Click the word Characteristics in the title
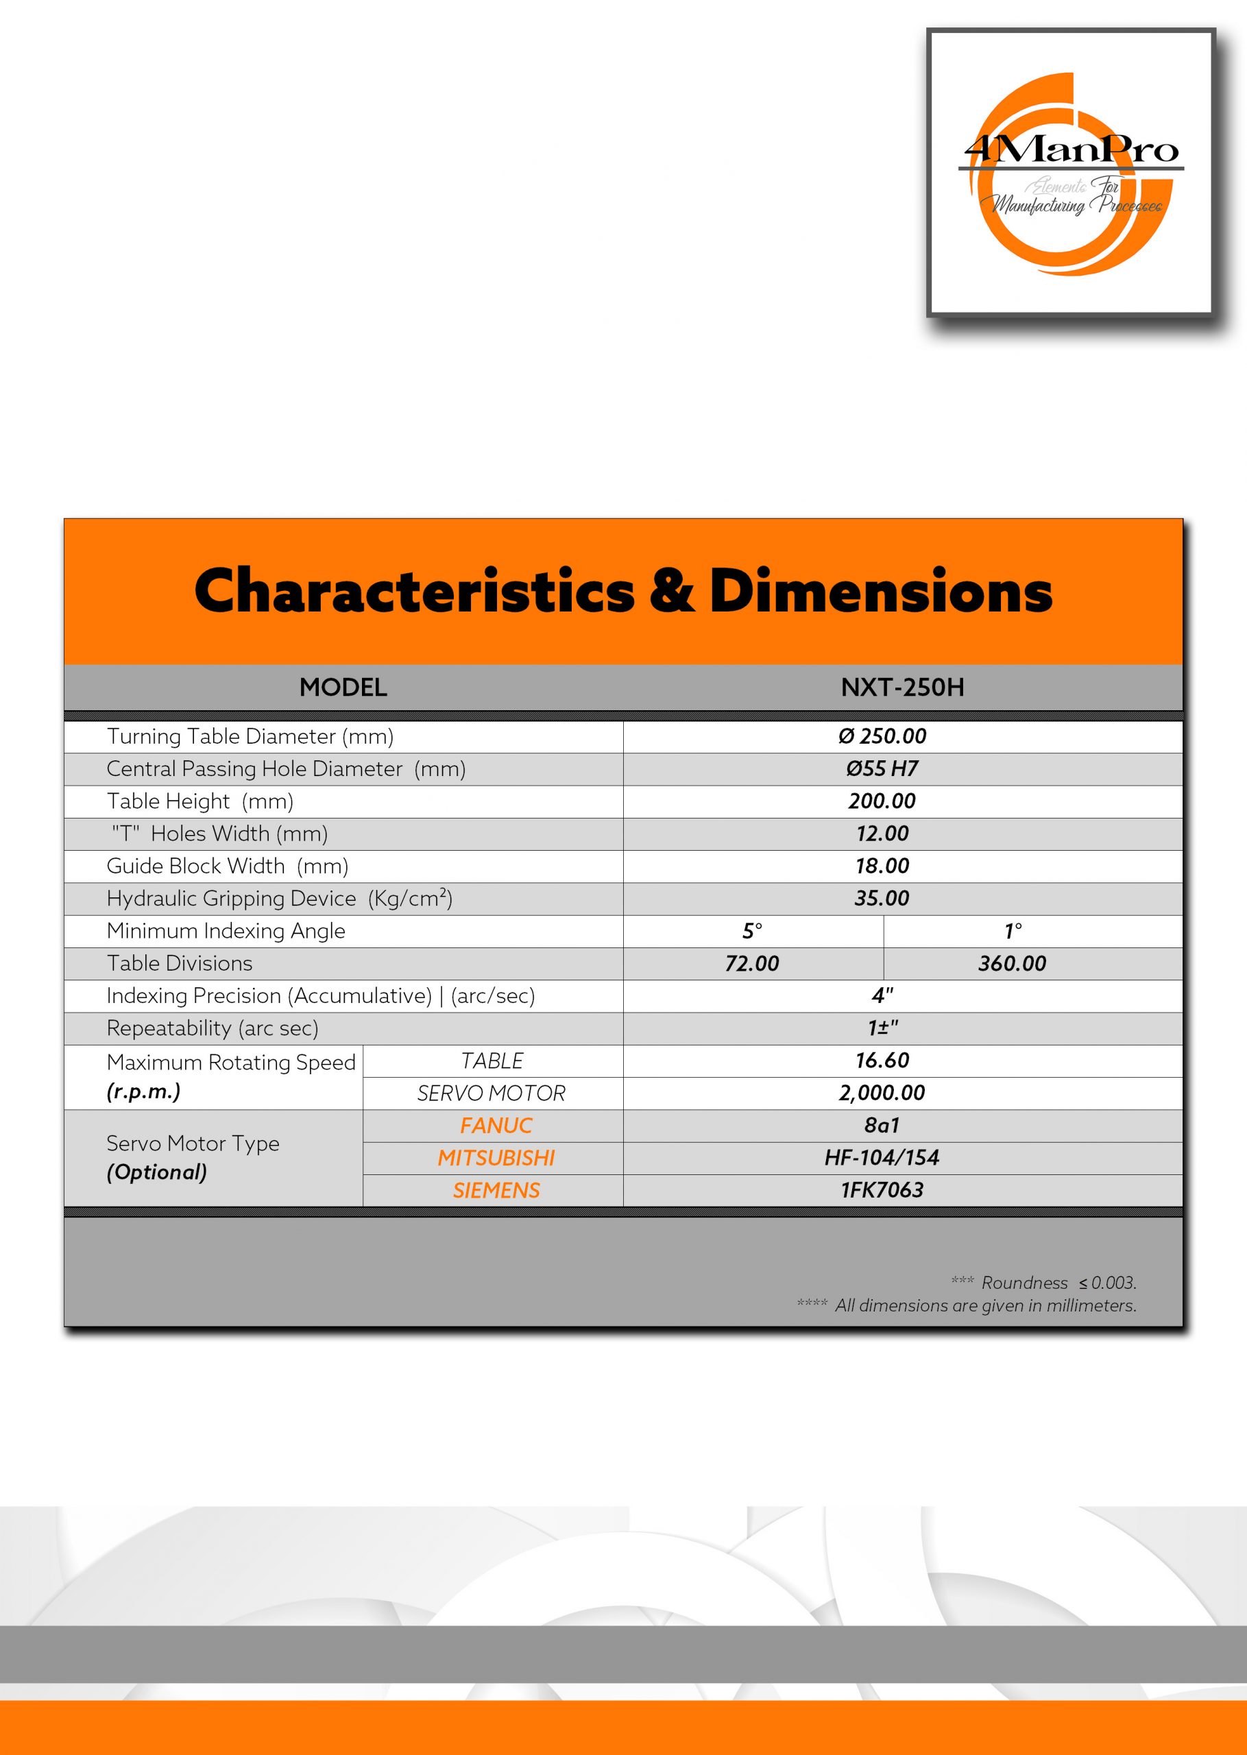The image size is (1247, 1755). pos(415,591)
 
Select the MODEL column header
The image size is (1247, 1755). pos(343,687)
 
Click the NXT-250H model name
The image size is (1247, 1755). pos(902,687)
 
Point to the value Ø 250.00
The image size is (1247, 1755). pos(882,736)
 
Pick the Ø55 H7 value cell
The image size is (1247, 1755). pos(882,768)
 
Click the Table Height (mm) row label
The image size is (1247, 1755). pos(199,801)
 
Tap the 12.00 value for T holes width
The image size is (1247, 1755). pos(882,834)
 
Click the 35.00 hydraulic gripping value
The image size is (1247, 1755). pos(882,898)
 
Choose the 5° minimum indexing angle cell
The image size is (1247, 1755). pos(752,931)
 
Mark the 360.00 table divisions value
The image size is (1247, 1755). pos(1011,963)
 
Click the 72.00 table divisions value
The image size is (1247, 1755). pos(752,963)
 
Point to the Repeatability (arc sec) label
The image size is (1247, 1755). pos(212,1028)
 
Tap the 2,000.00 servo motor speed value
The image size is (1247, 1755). pos(882,1093)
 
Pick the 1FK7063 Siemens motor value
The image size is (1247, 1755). pos(882,1190)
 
